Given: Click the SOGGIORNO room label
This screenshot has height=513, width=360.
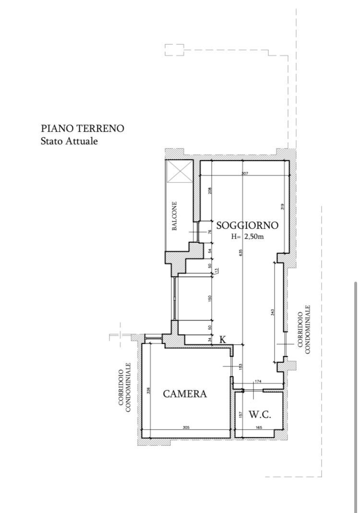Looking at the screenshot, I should (x=247, y=226).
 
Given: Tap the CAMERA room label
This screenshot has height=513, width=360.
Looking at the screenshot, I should (x=185, y=394).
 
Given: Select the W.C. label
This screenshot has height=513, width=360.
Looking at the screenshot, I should (x=260, y=414).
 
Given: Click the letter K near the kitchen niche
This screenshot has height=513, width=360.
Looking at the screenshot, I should (x=223, y=339).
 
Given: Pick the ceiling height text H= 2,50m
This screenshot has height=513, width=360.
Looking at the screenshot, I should (x=247, y=236).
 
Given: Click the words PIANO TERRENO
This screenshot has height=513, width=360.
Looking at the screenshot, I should (x=83, y=129).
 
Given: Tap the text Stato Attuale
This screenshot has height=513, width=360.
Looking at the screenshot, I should (x=70, y=142).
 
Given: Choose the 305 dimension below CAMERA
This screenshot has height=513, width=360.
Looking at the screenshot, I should (x=186, y=427).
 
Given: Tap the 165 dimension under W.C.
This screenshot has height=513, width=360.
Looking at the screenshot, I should (x=259, y=427).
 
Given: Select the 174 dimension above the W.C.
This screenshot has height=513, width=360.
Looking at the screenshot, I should (x=258, y=381).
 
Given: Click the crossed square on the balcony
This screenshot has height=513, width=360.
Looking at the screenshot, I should (x=179, y=171).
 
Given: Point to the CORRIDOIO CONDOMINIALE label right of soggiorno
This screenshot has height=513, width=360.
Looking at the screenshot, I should (x=304, y=329).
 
